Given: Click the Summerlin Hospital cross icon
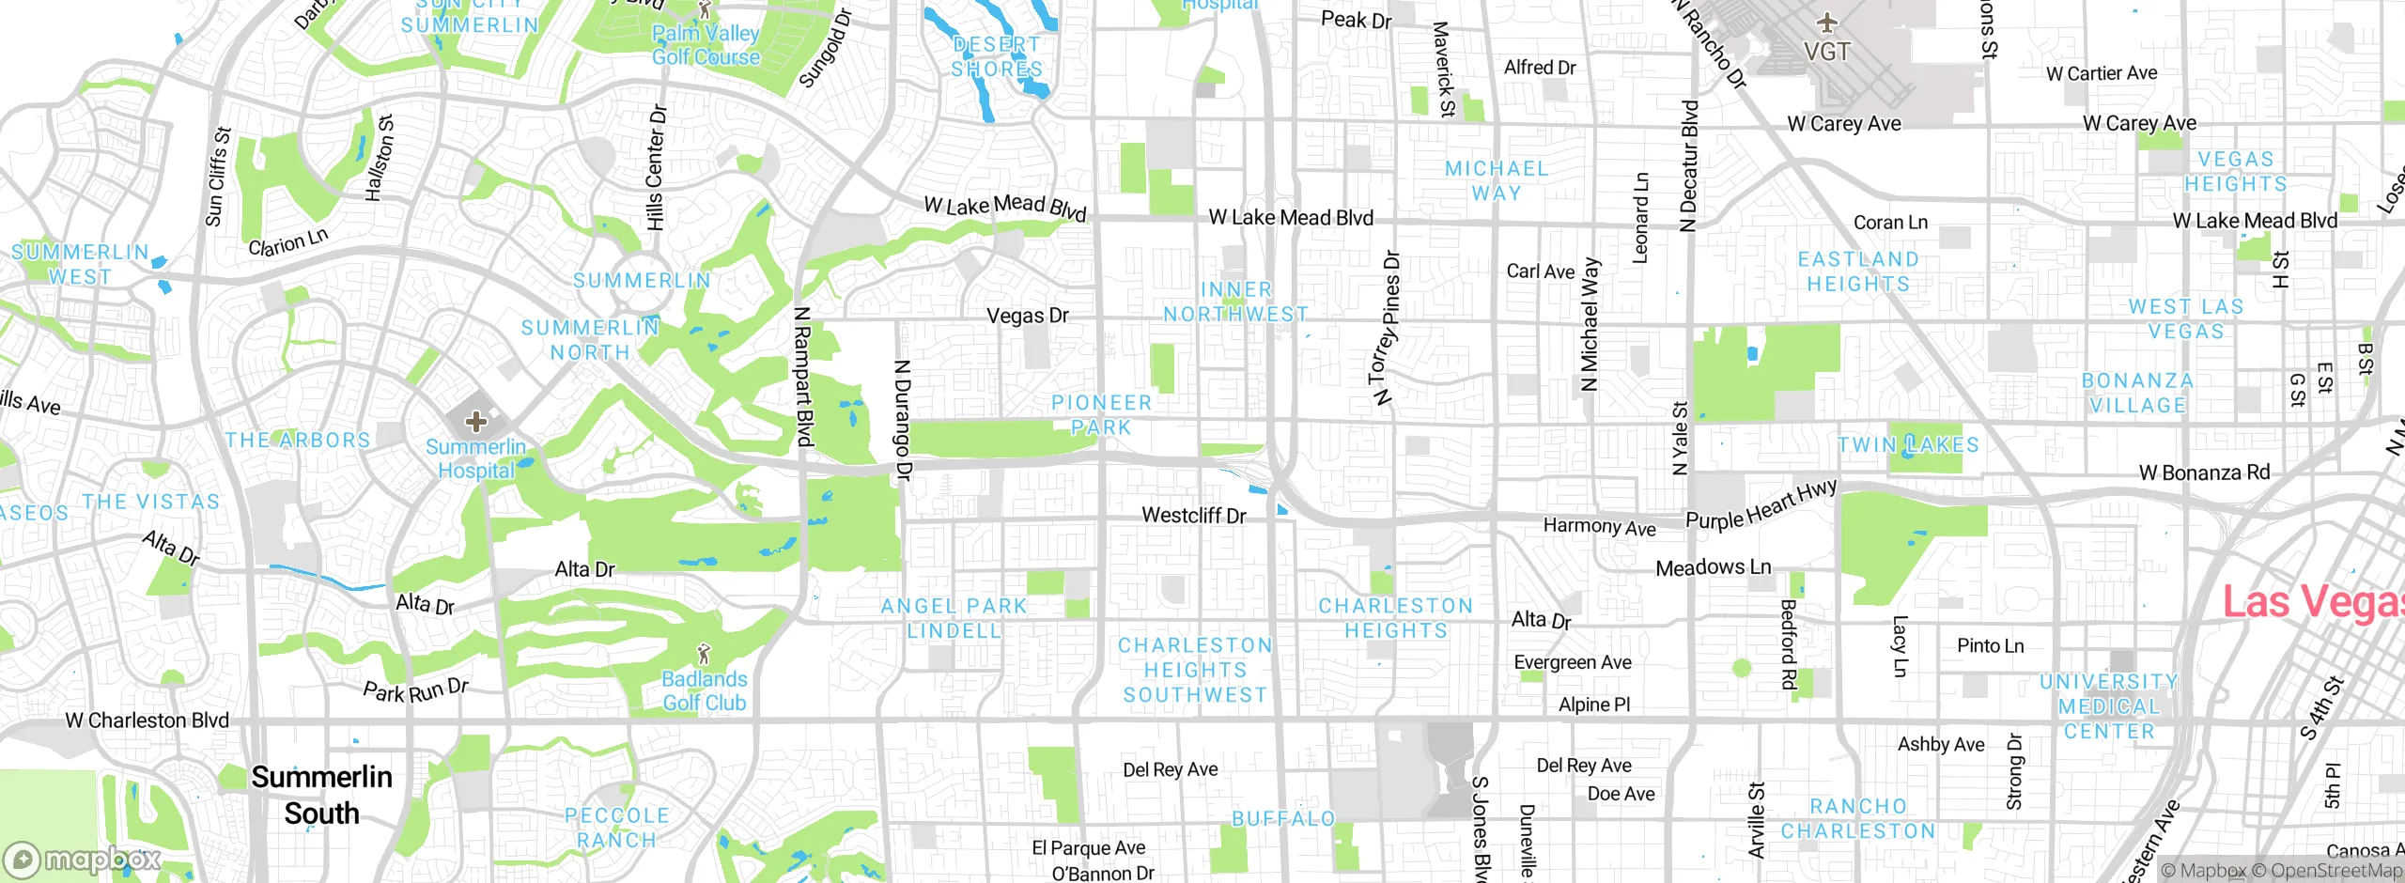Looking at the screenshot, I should coord(475,422).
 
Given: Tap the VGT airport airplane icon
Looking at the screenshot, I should coord(1826,23).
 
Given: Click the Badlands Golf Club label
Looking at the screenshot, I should coord(705,690).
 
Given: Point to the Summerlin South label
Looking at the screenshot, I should coord(321,795).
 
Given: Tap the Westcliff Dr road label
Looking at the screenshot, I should coord(1193,516).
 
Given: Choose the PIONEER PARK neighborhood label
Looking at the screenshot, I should coord(1101,415).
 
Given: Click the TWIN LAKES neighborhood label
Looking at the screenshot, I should coord(1908,445).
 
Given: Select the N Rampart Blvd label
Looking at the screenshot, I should coord(802,377).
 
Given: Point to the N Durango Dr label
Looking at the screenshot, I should coord(902,419).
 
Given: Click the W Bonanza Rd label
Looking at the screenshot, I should coord(2204,473).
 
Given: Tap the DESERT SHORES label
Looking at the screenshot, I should coord(996,57).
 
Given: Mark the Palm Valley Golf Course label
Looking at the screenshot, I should coord(706,45).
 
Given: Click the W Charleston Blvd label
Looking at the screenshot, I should coord(147,720).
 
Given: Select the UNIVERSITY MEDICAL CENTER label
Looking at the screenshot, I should coord(2108,706).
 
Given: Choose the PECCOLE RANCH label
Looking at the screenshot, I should coord(616,828).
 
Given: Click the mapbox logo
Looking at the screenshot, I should coord(83,859).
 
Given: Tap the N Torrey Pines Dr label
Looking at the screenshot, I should coord(1386,328).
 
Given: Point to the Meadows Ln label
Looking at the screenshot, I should coord(1713,567).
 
